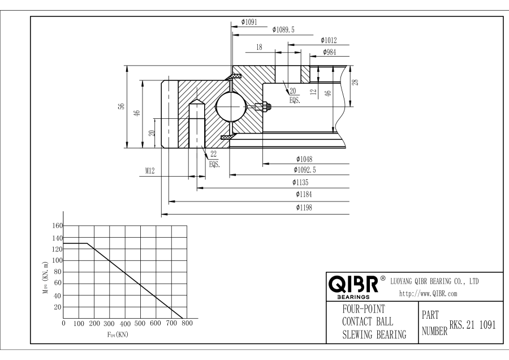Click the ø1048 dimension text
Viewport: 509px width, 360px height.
click(x=304, y=158)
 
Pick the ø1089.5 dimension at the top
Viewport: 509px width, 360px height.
click(x=284, y=29)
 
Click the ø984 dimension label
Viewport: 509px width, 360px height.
click(x=331, y=52)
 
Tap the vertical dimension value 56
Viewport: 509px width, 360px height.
click(x=121, y=106)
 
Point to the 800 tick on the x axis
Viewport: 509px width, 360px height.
click(x=187, y=324)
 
